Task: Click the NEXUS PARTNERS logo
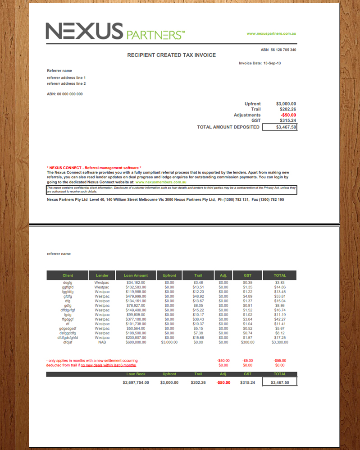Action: pos(115,31)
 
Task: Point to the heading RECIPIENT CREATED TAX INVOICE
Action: pos(171,55)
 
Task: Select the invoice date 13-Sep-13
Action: pos(272,63)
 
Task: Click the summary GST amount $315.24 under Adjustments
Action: pos(287,121)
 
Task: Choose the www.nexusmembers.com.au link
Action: pos(161,182)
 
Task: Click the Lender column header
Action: pos(102,276)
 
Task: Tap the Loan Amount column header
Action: pos(135,276)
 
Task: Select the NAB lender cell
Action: pos(102,342)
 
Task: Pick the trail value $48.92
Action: pos(198,296)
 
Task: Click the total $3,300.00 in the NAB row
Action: pos(279,342)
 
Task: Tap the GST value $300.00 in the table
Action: pos(247,342)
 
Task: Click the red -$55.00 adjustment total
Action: pos(280,361)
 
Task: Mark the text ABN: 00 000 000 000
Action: pos(65,94)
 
